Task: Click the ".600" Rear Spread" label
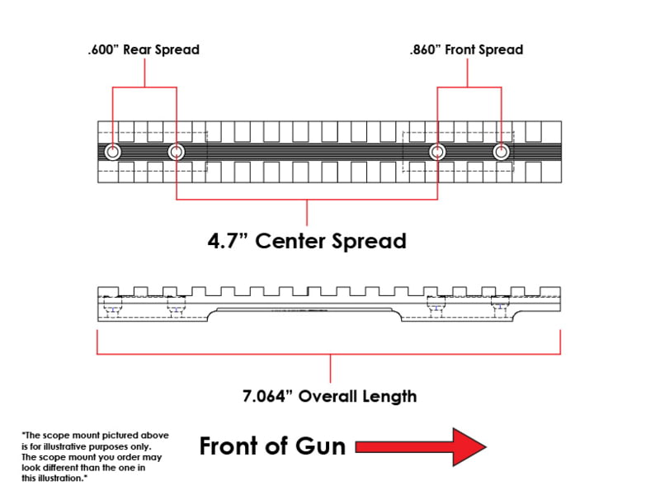144,49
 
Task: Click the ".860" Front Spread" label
466,49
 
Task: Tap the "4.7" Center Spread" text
306,242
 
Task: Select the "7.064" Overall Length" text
329,396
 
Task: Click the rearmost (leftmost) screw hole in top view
112,152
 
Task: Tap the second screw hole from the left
176,152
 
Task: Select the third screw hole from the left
437,152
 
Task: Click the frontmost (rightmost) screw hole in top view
501,152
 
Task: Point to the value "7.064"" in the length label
269,396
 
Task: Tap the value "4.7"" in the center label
226,242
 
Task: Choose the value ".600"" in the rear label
105,49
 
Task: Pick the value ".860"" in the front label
427,49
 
